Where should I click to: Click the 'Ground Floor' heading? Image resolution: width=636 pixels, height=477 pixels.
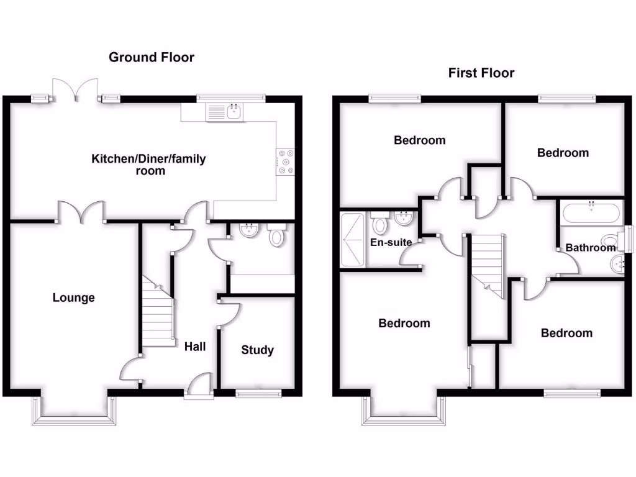pos(152,58)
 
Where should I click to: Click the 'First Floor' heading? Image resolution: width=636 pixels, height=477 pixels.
pos(481,73)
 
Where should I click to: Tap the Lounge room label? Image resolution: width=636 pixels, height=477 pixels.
pos(73,298)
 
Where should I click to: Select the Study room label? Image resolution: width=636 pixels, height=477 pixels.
pos(257,350)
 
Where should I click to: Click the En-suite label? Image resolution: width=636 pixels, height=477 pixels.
pos(391,242)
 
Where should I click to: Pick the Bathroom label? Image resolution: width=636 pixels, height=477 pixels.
pos(590,248)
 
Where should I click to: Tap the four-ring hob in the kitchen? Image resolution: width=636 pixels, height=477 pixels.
pos(286,160)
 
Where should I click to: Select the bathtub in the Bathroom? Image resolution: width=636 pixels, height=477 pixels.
pos(590,214)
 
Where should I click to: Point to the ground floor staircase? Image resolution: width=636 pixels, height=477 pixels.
pos(157,311)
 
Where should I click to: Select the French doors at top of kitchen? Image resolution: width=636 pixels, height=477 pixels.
pos(75,90)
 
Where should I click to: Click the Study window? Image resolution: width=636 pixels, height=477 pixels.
pos(258,393)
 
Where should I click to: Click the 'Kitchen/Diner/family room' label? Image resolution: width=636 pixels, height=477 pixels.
pos(149,165)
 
